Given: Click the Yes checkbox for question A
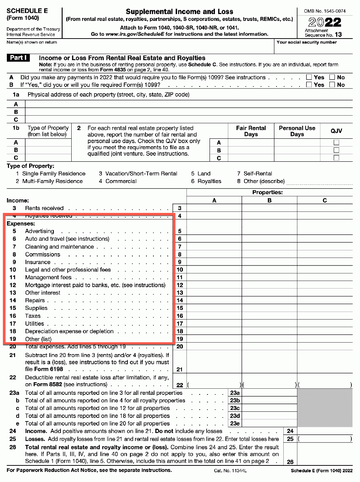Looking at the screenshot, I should [309, 77].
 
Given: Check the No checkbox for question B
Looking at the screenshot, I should [332, 85].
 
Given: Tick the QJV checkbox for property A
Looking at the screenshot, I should [336, 143].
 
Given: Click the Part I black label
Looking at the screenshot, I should [18, 58].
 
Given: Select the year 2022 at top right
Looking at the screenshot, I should [325, 22].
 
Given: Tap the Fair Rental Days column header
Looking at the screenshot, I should [251, 131].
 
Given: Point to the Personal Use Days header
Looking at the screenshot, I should [297, 131].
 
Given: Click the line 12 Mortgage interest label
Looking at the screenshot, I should [95, 285].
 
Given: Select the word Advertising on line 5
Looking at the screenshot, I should [40, 231].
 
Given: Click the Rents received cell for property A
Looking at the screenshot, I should [214, 208].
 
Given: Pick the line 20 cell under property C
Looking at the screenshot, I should [325, 347].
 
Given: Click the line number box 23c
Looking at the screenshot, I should [235, 408].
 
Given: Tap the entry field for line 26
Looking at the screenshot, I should [325, 458].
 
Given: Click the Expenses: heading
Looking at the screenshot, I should [21, 223].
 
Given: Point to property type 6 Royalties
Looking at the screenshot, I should [206, 181].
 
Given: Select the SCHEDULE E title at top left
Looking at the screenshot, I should [27, 11].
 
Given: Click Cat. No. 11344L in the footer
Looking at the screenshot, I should [230, 470].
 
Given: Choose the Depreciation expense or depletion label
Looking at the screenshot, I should [69, 331].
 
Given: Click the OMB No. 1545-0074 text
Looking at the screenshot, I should [325, 11].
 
